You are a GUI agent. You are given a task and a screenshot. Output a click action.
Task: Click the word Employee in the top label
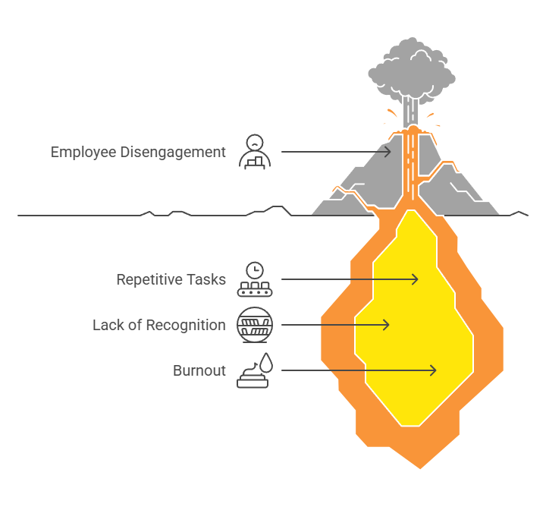[83, 153]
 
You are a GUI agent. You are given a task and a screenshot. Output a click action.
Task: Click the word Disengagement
[173, 153]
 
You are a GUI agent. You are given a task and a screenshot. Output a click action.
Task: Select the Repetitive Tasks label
[171, 279]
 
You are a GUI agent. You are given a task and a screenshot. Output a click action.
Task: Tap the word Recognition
[186, 326]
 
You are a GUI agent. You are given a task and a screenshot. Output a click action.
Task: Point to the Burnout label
[199, 370]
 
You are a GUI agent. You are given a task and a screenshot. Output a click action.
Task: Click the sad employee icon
[255, 152]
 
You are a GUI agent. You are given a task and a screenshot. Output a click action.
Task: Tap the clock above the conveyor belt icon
[255, 270]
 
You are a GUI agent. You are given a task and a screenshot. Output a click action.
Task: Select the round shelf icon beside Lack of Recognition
[255, 325]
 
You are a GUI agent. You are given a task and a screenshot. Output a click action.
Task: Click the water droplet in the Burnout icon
[267, 362]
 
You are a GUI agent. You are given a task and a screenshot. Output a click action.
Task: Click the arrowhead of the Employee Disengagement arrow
[388, 152]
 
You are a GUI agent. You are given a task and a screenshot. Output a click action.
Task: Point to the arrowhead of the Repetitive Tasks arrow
[414, 279]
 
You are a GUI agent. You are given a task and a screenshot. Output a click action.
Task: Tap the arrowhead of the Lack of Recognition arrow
[386, 325]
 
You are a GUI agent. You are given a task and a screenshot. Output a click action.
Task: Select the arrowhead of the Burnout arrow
[432, 370]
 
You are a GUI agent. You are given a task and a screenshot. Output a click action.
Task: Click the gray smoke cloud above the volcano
[412, 70]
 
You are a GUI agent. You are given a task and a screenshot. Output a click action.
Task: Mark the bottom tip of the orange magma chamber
[420, 469]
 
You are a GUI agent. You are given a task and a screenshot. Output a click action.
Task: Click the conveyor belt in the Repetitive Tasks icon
[255, 292]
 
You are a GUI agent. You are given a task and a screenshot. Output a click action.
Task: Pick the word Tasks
[206, 279]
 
